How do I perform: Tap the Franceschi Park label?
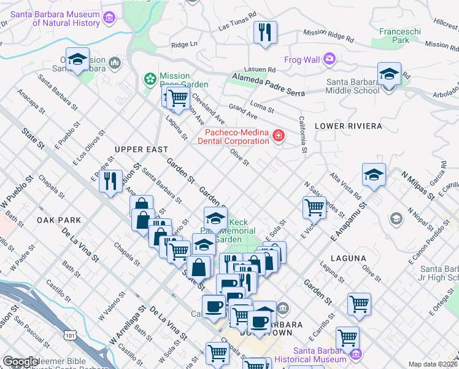[x=393, y=36]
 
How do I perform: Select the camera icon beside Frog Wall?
[x=330, y=59]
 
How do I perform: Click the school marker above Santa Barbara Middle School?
[x=389, y=74]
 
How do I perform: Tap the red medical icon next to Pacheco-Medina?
[x=278, y=135]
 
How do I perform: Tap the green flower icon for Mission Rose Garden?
[x=149, y=78]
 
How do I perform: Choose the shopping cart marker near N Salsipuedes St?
[x=314, y=208]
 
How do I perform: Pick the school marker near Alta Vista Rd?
[x=374, y=175]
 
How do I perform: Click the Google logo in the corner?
[x=20, y=362]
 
